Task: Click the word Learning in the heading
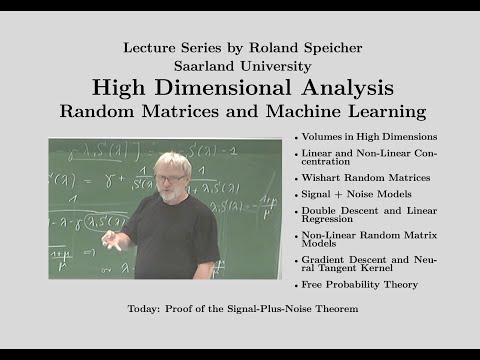pyautogui.click(x=385, y=109)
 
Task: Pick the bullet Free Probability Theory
pyautogui.click(x=349, y=285)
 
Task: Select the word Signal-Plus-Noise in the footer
pyautogui.click(x=271, y=309)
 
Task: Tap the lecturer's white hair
pyautogui.click(x=171, y=162)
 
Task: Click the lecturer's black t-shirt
pyautogui.click(x=180, y=235)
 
